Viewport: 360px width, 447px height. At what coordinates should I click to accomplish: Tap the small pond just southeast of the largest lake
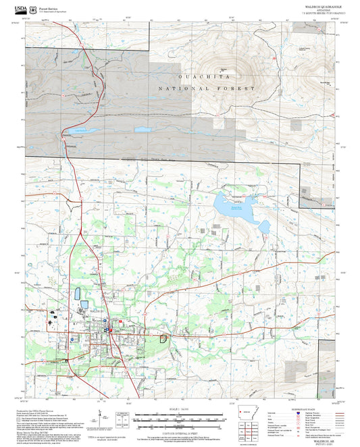[x=264, y=226]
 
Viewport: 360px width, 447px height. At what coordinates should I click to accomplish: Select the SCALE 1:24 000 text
[x=179, y=409]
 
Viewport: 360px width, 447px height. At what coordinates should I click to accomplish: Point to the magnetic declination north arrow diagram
[x=99, y=415]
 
